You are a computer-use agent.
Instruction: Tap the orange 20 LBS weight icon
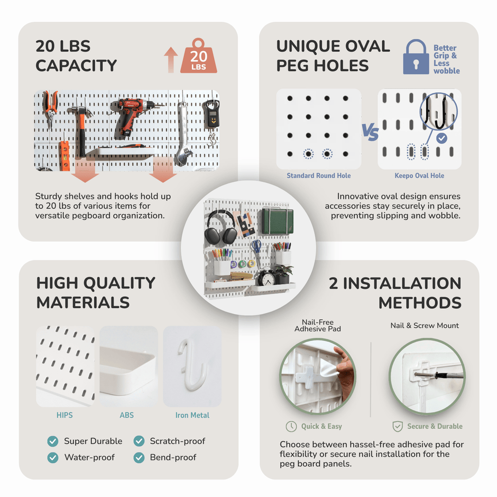point(198,57)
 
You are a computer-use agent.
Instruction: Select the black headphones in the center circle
point(221,227)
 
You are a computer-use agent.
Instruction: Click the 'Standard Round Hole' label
point(318,176)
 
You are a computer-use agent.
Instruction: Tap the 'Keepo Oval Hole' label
point(419,176)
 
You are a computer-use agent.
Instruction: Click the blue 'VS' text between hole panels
point(370,132)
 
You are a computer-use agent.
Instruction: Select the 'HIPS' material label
point(65,415)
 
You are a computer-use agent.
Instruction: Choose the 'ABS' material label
point(127,415)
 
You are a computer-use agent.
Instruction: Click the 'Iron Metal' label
point(192,415)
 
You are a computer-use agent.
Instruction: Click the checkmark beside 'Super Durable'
point(53,441)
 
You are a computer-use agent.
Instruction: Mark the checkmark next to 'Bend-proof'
point(139,458)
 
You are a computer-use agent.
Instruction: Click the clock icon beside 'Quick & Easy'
point(291,426)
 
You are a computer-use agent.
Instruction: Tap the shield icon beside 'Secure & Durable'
point(398,426)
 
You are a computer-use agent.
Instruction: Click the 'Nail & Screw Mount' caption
point(425,326)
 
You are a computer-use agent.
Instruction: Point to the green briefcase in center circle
point(278,221)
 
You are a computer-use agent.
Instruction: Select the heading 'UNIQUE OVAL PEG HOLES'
point(333,56)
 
